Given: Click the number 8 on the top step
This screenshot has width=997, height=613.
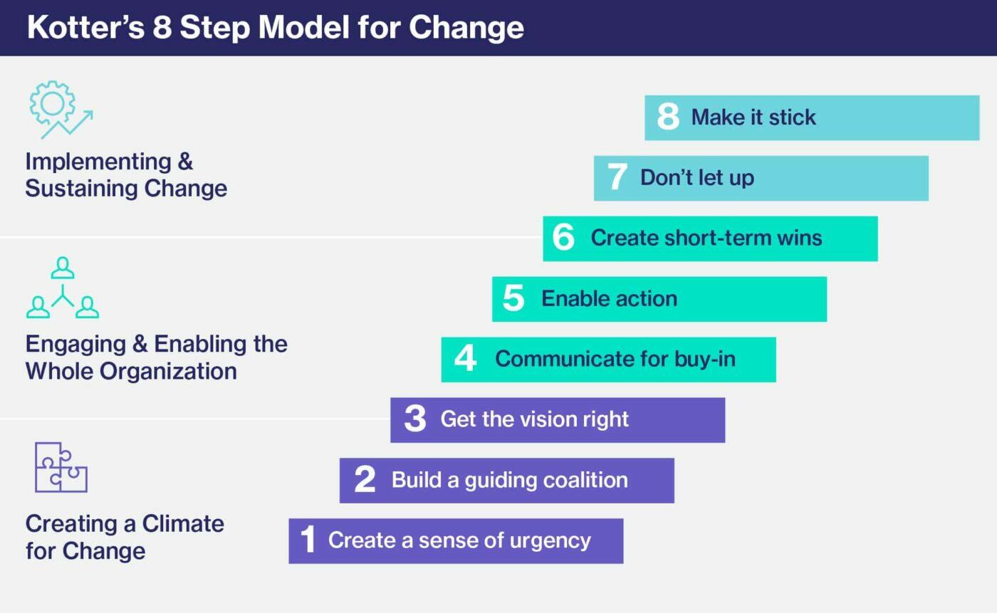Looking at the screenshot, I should pos(668,117).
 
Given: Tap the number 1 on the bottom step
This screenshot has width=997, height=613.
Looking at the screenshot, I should pos(308,540).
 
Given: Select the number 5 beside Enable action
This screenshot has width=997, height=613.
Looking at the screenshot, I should pos(513,298).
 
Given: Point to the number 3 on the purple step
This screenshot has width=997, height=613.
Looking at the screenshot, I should pos(414,419).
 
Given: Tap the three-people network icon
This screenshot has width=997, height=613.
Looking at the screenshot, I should pos(63,288).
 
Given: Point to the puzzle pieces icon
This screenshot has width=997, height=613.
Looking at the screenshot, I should pos(61,467).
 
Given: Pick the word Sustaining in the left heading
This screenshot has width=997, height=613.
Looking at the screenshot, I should pos(77,189).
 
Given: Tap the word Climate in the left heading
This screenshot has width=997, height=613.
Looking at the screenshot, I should pos(184,524).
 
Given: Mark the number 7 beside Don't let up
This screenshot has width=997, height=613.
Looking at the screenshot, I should pos(617,177).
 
